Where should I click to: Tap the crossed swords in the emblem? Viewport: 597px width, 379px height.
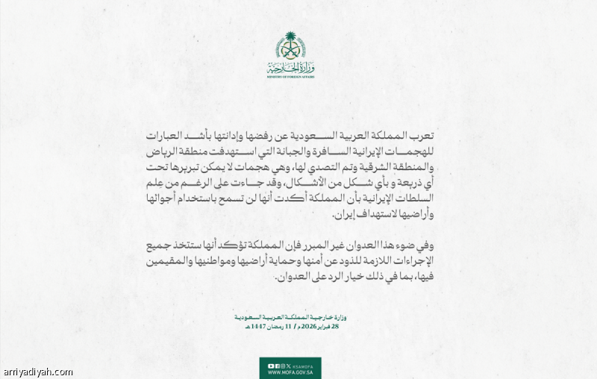[x=290, y=52]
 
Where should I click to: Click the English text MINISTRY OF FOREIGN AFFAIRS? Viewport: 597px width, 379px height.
[x=290, y=77]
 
